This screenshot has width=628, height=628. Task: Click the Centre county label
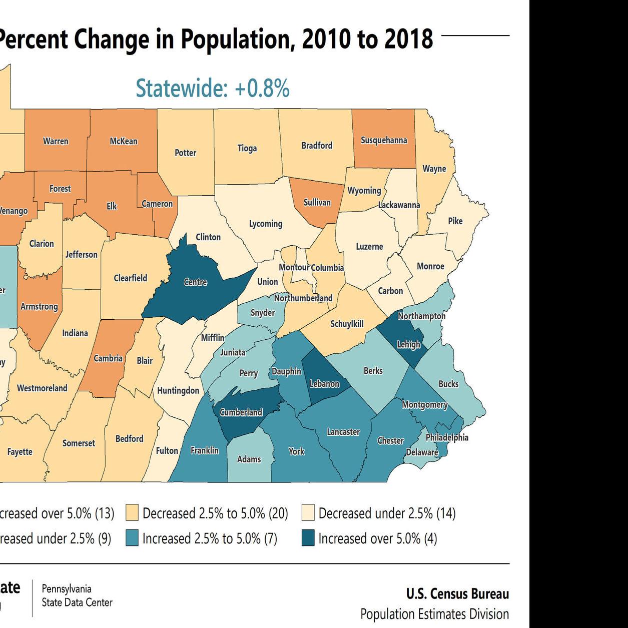click(x=195, y=282)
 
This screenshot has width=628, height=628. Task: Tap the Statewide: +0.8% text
click(x=213, y=88)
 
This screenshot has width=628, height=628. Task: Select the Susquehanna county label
click(x=384, y=140)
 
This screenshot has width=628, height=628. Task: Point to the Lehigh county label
click(x=408, y=344)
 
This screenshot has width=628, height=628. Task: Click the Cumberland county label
click(x=241, y=412)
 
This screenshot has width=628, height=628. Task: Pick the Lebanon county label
click(x=324, y=384)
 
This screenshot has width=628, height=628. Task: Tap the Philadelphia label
click(x=447, y=437)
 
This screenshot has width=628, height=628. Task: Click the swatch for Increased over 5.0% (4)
click(x=308, y=539)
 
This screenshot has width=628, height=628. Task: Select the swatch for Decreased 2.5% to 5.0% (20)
click(x=132, y=513)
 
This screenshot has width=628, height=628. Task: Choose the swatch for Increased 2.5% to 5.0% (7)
click(x=132, y=539)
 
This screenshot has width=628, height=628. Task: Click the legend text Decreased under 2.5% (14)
click(x=387, y=513)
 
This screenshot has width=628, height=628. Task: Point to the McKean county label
click(x=124, y=141)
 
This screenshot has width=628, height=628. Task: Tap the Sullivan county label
click(x=317, y=203)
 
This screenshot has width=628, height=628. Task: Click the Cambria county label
click(x=108, y=358)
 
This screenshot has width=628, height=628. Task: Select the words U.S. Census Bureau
click(x=457, y=594)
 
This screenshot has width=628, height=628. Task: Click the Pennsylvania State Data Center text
click(x=77, y=595)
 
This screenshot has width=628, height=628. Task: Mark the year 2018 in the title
click(x=408, y=40)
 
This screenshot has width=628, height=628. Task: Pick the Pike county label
click(x=455, y=221)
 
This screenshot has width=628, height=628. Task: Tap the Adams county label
click(x=249, y=459)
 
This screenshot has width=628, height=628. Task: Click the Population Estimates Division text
click(x=434, y=614)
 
